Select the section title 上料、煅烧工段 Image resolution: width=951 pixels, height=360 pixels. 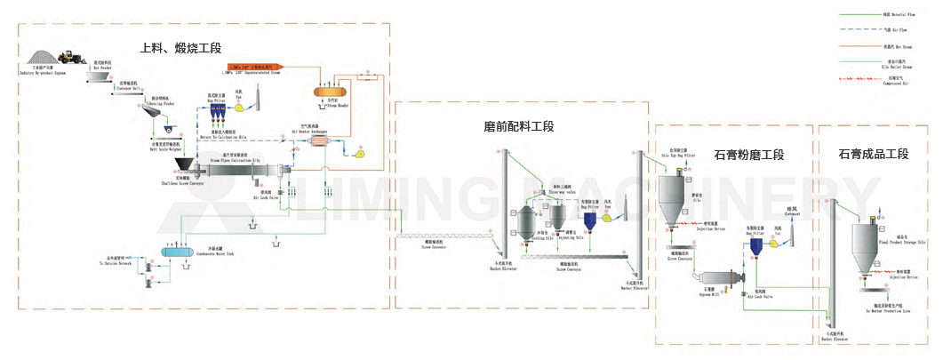(181, 48)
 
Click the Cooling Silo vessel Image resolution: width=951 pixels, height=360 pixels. (527, 223)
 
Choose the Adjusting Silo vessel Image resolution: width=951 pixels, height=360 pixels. (557, 216)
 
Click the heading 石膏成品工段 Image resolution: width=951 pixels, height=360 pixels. (873, 154)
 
